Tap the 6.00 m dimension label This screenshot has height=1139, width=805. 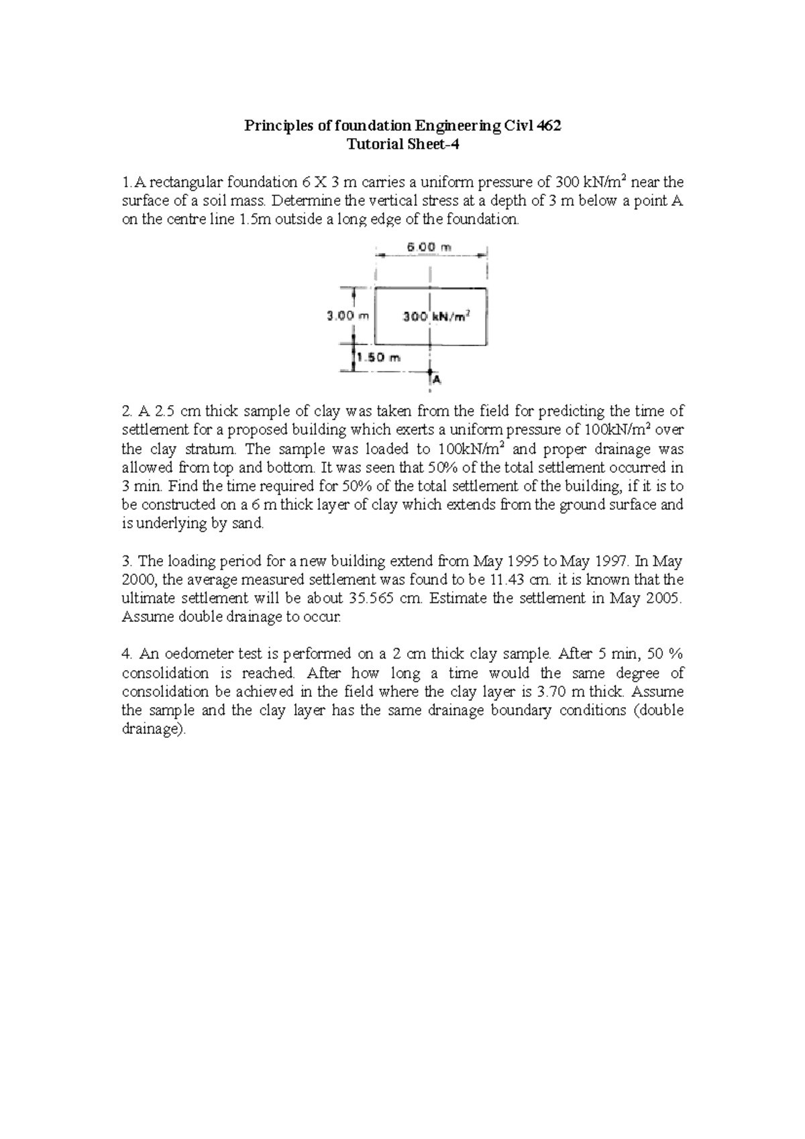coord(430,247)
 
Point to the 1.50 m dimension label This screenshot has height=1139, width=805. coord(378,358)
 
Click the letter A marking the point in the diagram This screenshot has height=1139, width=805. coord(437,380)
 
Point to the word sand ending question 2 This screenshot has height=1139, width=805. coord(248,524)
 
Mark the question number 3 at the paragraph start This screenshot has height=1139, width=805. coord(125,561)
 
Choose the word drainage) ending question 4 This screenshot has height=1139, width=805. coord(152,729)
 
